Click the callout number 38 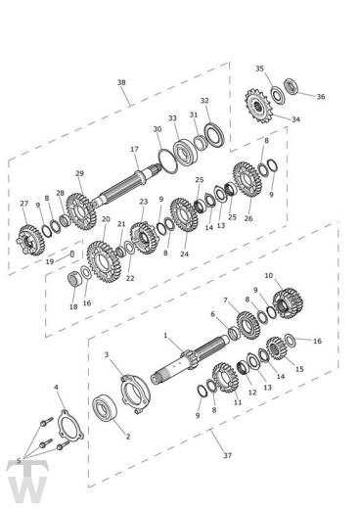[x=121, y=82]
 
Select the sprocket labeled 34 [x=259, y=106]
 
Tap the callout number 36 [x=321, y=97]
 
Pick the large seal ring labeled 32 [x=214, y=134]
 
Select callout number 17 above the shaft [x=134, y=149]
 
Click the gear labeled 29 [x=81, y=211]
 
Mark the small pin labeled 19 [x=72, y=254]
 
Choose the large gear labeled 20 [x=104, y=262]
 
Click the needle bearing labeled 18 [x=75, y=280]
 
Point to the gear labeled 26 [x=247, y=179]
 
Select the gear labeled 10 [x=289, y=303]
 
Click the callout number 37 [x=227, y=455]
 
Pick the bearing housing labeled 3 [x=135, y=393]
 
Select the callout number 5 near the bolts [x=19, y=461]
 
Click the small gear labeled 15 [x=276, y=348]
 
